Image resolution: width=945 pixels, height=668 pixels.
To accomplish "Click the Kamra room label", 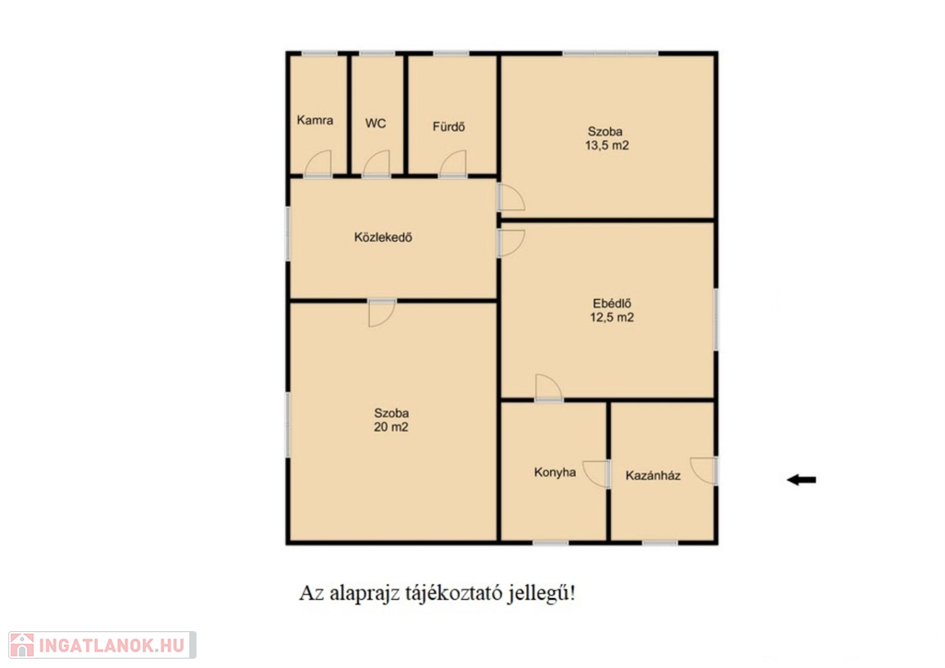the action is [315, 120].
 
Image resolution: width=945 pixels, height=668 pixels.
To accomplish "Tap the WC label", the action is [376, 124].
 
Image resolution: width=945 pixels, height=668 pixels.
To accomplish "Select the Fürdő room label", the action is [449, 126].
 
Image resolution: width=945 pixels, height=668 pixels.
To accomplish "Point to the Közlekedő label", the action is [383, 237].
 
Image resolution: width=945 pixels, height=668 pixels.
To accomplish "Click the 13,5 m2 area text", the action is [606, 145].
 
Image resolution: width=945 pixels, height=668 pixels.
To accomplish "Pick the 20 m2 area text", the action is [391, 427].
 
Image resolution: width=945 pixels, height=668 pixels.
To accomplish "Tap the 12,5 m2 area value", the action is [612, 317].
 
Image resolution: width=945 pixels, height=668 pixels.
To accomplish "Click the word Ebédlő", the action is [612, 304].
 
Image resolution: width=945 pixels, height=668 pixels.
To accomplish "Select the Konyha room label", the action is [555, 472].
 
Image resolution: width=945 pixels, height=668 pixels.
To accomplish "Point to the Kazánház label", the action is [652, 476].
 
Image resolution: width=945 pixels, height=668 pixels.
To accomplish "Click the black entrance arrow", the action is [802, 480].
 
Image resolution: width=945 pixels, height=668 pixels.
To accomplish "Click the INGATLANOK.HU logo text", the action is [112, 646].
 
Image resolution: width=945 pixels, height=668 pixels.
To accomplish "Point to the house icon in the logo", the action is [22, 645].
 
